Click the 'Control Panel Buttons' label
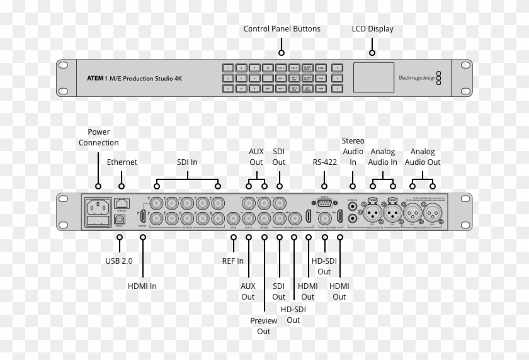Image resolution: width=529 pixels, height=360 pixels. click(x=282, y=29)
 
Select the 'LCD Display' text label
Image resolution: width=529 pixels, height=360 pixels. click(x=372, y=29)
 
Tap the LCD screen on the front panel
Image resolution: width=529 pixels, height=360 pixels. click(x=373, y=78)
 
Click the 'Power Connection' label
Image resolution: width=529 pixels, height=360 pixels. click(x=98, y=137)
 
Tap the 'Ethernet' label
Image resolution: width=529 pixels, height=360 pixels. click(x=122, y=162)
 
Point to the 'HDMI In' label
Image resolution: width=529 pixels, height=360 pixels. click(x=142, y=286)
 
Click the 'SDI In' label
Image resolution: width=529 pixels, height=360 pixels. click(x=186, y=162)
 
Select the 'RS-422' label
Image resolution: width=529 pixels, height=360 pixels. click(x=324, y=162)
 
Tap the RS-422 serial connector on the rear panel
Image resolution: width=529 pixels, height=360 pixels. click(x=324, y=203)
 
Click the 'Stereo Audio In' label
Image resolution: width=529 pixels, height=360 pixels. click(x=353, y=151)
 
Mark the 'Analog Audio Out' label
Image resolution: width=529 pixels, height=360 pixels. click(x=422, y=157)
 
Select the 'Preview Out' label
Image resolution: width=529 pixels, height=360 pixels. click(x=263, y=325)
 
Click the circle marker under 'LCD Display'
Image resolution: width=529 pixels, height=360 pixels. click(x=372, y=53)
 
